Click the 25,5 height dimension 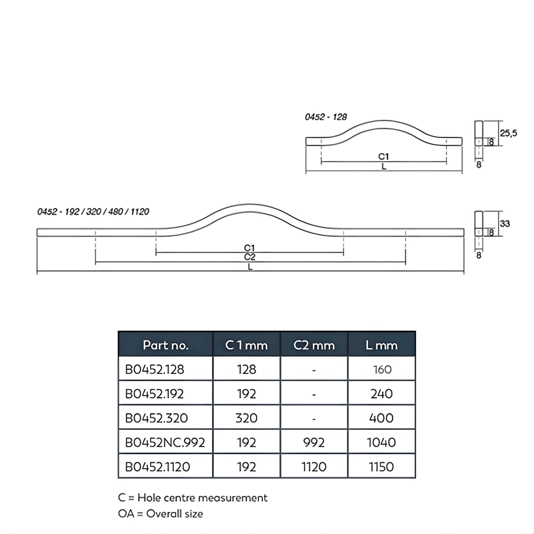tap(508, 133)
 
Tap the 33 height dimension tap(505, 224)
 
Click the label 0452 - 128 tap(326, 117)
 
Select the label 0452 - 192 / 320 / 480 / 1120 tap(93, 212)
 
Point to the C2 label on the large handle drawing tap(250, 257)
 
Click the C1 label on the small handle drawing tap(383, 157)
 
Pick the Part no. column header tap(166, 345)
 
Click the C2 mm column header tap(314, 345)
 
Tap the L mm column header tap(381, 345)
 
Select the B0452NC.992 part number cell tap(165, 442)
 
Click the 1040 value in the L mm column tap(381, 442)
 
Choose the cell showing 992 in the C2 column tap(314, 442)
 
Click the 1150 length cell tap(381, 467)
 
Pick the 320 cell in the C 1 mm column tap(246, 418)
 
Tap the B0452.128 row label tap(155, 369)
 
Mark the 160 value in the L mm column tap(382, 369)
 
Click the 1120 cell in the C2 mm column tap(314, 467)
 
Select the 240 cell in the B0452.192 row tap(381, 394)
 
